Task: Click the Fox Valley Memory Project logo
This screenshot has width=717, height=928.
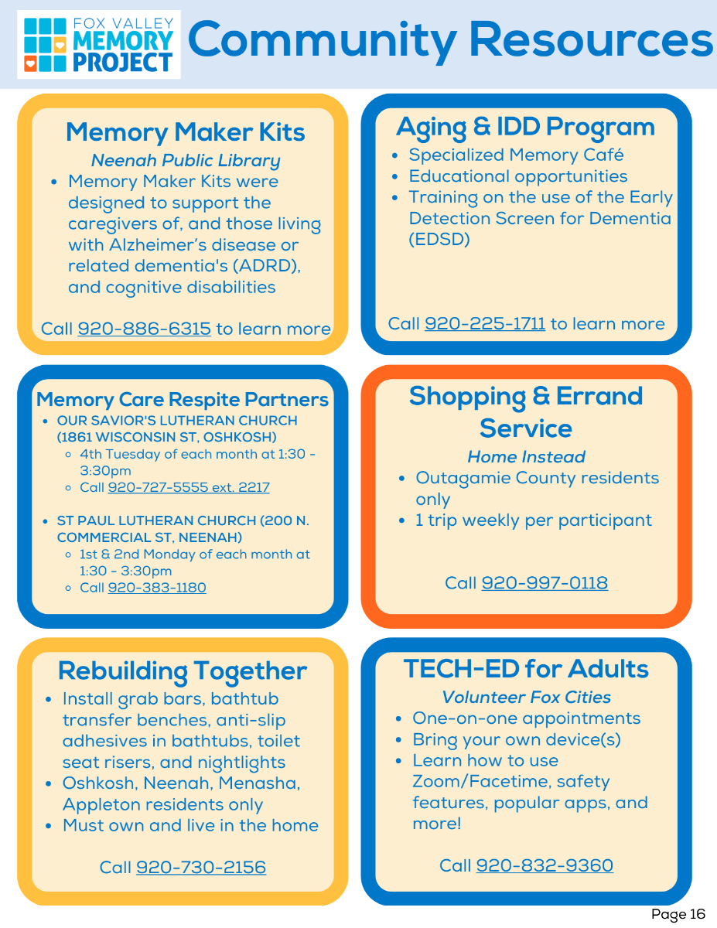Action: pos(98,43)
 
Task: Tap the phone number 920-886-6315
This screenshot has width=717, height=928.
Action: pos(144,329)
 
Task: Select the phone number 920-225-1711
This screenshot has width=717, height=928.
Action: pos(485,323)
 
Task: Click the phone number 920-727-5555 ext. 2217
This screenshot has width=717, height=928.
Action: pos(189,487)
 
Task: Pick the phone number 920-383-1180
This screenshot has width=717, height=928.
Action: pos(157,588)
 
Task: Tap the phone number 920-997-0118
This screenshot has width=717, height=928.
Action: pos(545,582)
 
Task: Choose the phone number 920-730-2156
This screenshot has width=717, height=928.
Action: pos(201,867)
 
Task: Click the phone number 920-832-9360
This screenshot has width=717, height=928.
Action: pos(545,865)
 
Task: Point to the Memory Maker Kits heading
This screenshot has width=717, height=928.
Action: pos(186,132)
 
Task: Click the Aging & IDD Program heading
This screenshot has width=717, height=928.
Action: pos(525,127)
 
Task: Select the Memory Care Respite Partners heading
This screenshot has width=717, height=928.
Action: pos(183,400)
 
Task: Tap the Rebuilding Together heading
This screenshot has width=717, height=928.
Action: pos(183,670)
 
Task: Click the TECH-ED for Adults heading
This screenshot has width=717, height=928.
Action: pos(526,669)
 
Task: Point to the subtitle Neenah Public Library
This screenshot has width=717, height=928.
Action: pos(186,161)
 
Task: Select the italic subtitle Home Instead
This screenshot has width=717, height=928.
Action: pos(526,457)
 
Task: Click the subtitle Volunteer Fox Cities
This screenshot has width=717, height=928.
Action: pos(526,698)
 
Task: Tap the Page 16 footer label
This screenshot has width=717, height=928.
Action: pos(678,915)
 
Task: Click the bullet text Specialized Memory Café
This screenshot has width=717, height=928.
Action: pos(516,155)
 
